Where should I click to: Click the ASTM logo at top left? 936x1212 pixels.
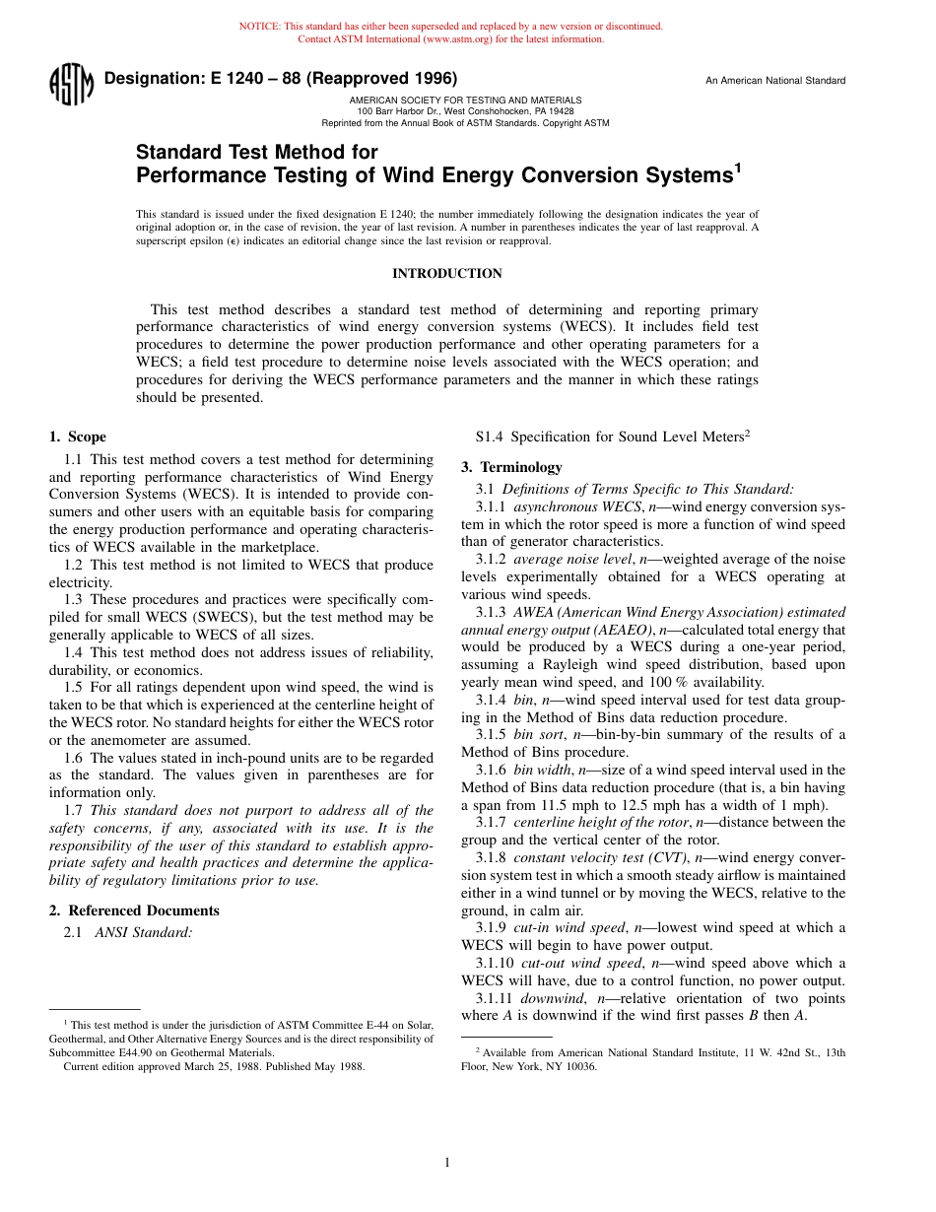tap(71, 86)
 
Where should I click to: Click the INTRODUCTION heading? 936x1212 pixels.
tap(447, 274)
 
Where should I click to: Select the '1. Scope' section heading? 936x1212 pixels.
tap(78, 438)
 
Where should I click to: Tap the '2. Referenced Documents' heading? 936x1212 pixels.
tap(134, 910)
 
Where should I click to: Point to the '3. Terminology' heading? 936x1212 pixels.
tap(511, 467)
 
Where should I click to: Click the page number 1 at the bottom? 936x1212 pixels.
tap(447, 1163)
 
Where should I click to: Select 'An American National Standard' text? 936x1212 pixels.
tap(774, 81)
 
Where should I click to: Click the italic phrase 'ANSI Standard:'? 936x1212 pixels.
tap(144, 932)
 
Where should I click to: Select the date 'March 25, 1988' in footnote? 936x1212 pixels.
tap(187, 1066)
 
